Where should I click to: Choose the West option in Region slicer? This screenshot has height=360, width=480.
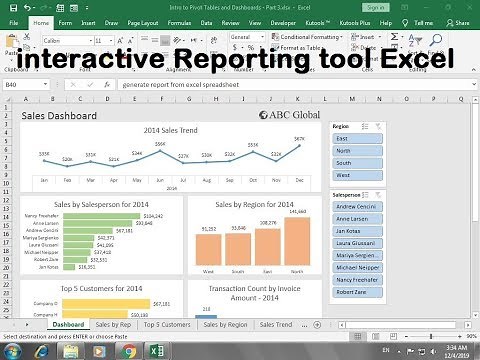tap(353, 175)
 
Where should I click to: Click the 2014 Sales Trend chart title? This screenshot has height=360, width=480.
tap(170, 131)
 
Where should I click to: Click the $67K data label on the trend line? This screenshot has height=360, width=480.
tap(299, 139)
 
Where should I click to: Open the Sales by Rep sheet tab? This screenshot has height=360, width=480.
tap(112, 325)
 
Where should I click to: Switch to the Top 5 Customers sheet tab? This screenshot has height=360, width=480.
tap(166, 325)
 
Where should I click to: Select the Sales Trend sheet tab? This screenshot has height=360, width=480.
tap(277, 325)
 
